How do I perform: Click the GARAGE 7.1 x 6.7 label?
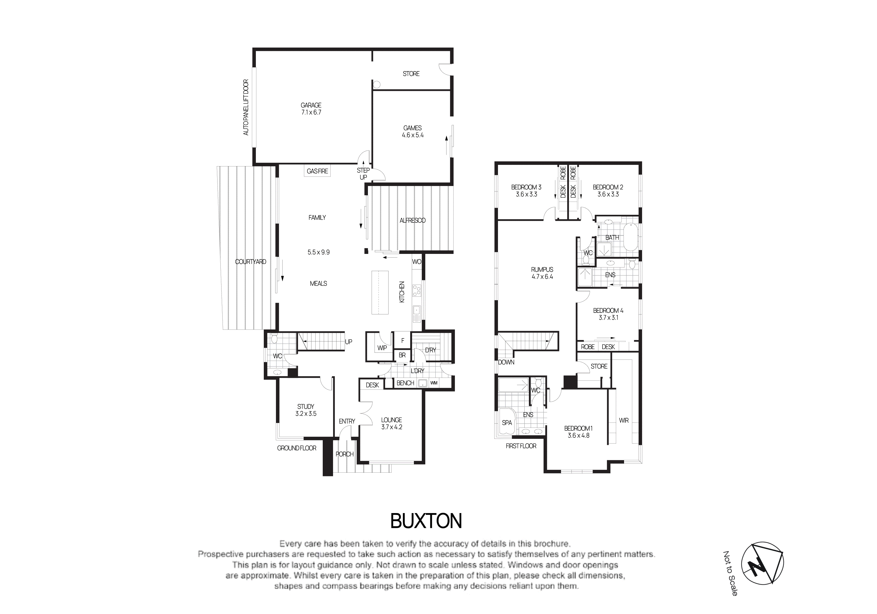311,108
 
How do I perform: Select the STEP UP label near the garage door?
363,174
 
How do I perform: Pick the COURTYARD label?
250,262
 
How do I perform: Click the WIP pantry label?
382,348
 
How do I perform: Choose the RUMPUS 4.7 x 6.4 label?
542,273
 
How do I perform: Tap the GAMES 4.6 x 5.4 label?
413,131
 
